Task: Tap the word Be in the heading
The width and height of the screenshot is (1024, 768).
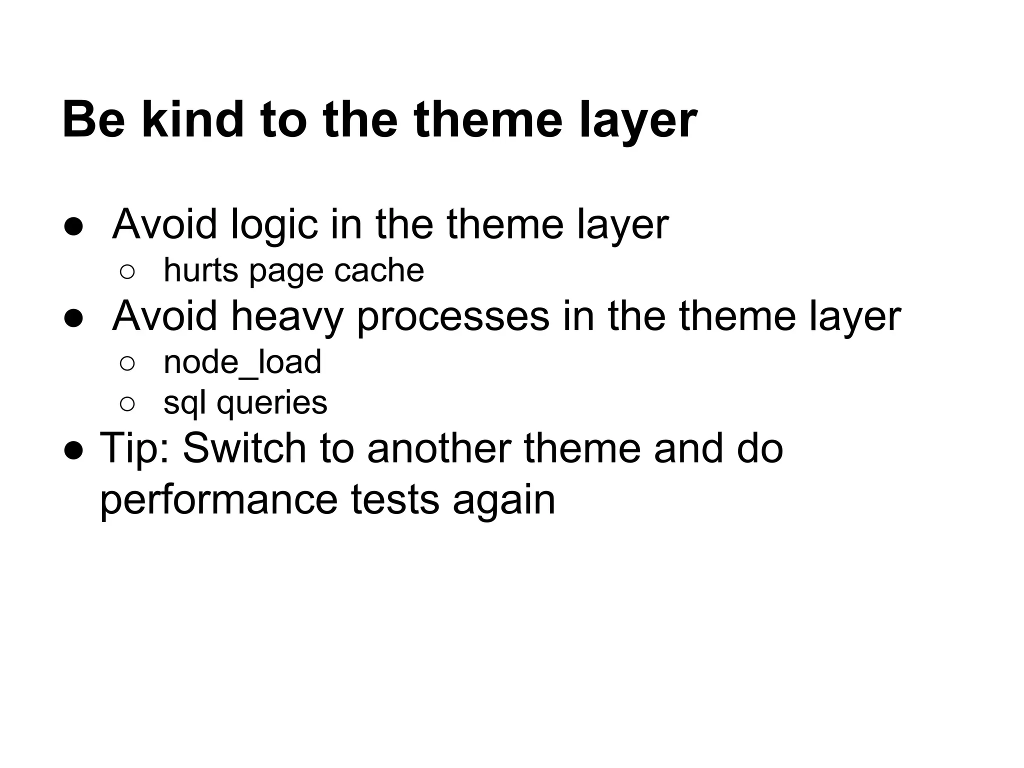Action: pos(93,120)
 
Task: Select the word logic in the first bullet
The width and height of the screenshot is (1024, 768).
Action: pos(274,224)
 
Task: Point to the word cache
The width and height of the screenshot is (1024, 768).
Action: pos(379,270)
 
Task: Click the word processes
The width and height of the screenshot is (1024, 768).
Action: pos(453,316)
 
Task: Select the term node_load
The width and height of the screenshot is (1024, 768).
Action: pos(242,362)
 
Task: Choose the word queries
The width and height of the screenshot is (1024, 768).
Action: pos(272,403)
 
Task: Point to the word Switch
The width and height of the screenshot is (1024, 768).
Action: pos(244,448)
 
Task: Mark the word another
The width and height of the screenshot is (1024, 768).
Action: pos(439,448)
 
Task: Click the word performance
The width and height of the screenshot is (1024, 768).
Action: pos(219,500)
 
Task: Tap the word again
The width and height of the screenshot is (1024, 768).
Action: pos(504,500)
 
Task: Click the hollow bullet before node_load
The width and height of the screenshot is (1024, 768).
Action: pos(127,363)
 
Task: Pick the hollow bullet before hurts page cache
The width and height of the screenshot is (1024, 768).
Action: pos(127,272)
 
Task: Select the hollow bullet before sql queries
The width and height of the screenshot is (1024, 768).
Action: pos(127,404)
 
